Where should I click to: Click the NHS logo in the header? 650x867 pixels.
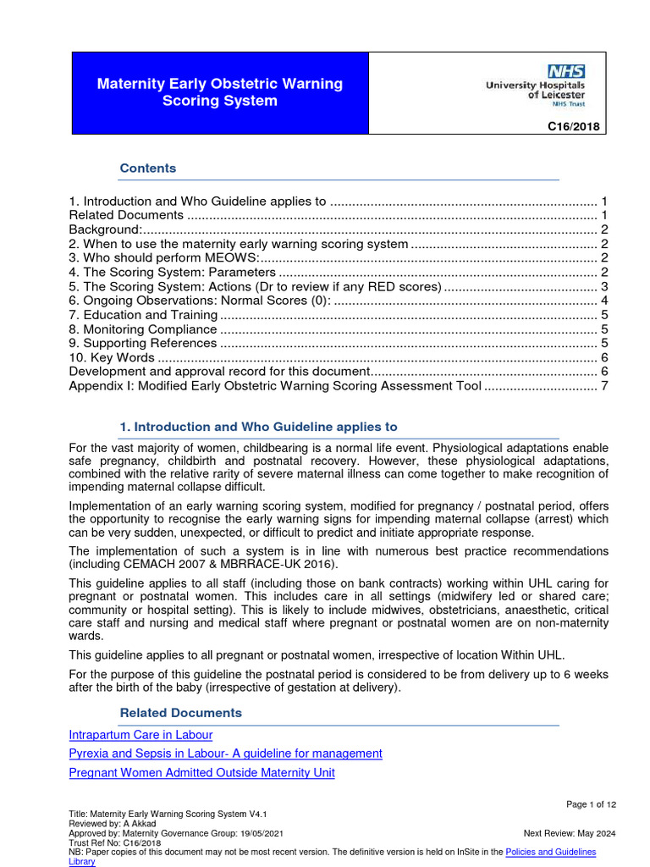click(x=567, y=71)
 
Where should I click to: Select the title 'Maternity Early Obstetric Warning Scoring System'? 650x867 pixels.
click(x=219, y=92)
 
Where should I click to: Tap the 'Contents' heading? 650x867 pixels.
click(x=148, y=168)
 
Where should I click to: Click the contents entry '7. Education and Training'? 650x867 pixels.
click(x=143, y=315)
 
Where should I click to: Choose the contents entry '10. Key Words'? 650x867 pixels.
click(x=112, y=357)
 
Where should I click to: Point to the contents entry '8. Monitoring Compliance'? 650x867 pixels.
click(x=143, y=329)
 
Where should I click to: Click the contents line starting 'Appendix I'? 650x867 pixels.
click(x=275, y=386)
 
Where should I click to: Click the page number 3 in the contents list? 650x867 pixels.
click(x=604, y=287)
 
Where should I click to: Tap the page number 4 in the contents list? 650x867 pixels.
click(x=604, y=301)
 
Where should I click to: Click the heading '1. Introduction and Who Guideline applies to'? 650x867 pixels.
click(x=258, y=427)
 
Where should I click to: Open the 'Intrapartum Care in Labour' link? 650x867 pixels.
click(x=140, y=735)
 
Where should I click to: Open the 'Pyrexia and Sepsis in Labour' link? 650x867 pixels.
click(x=225, y=754)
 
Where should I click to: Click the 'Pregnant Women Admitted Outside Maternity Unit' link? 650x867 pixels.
click(x=201, y=772)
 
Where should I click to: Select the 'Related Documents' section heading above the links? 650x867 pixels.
click(x=180, y=713)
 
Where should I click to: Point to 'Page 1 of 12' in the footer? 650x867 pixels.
click(x=591, y=803)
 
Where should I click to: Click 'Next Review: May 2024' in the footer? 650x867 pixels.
click(x=570, y=833)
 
